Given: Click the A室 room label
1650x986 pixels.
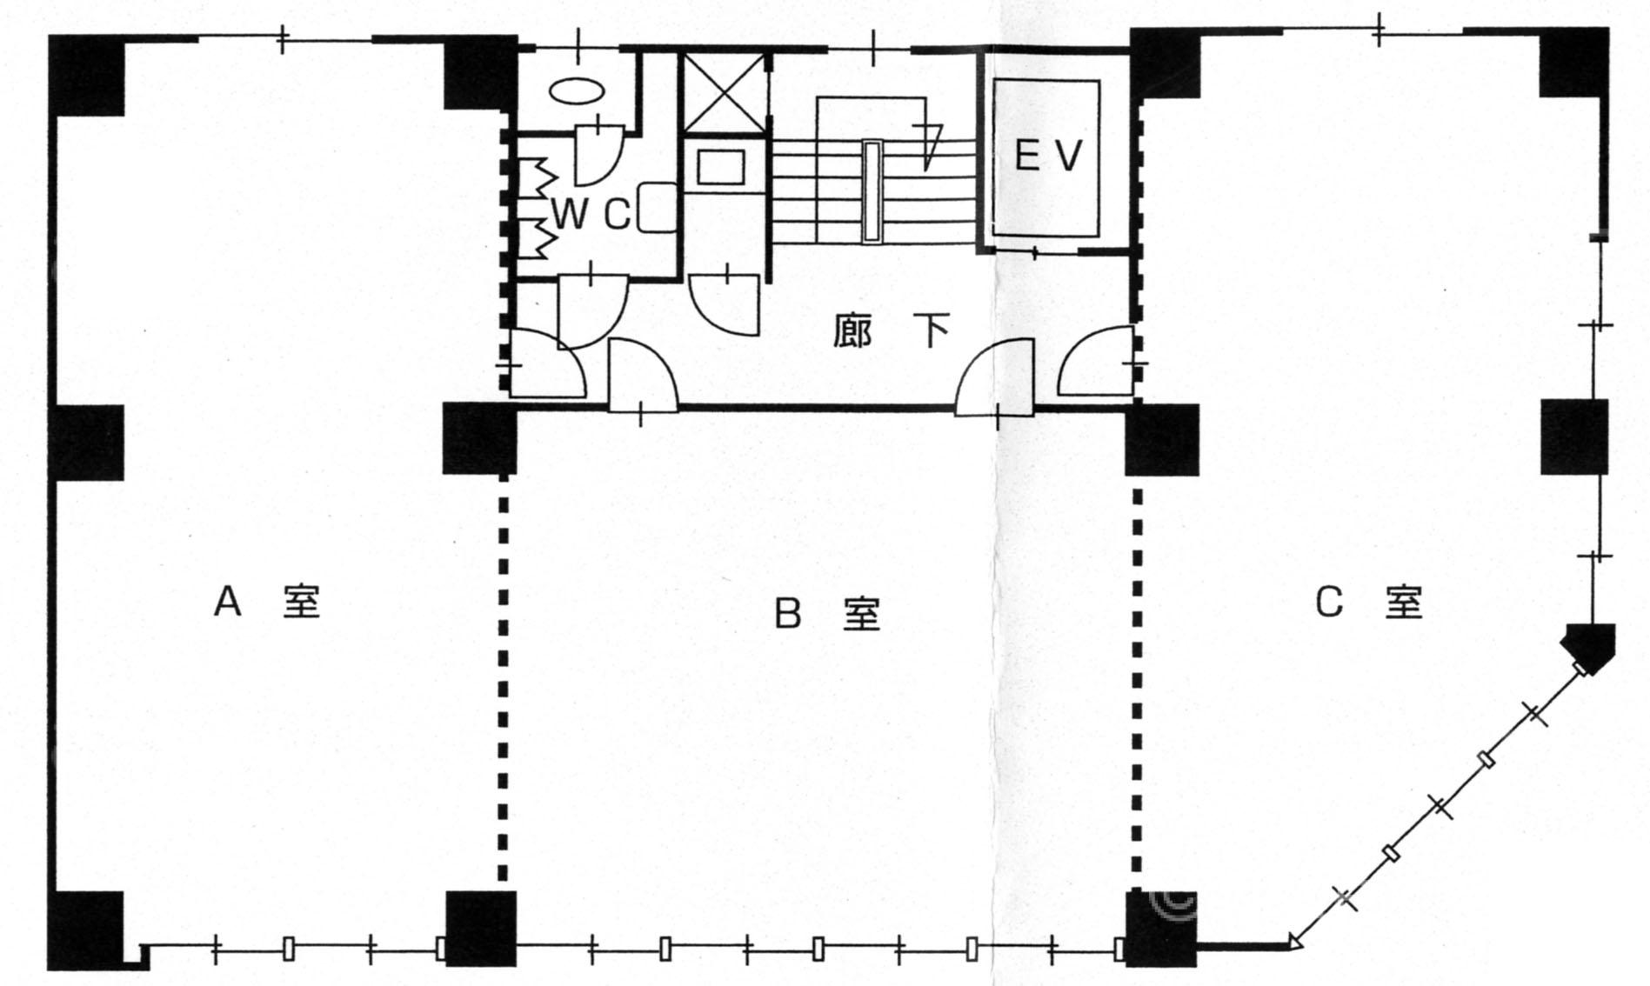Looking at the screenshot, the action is click(x=267, y=601).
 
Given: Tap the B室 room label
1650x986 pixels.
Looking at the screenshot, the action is click(x=827, y=614).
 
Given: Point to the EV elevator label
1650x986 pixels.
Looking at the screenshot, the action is click(x=1048, y=156).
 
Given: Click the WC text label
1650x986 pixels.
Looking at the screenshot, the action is click(x=591, y=213).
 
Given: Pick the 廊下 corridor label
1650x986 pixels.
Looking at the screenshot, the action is click(x=890, y=330).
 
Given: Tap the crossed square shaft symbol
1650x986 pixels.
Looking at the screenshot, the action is click(x=725, y=93).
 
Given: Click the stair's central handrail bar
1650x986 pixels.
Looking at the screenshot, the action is click(x=872, y=190).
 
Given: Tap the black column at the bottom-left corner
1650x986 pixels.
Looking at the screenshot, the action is click(x=86, y=930).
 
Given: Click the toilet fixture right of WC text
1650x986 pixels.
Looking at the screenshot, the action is click(x=658, y=207).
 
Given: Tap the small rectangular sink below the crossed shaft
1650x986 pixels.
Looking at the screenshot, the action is click(x=721, y=166).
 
